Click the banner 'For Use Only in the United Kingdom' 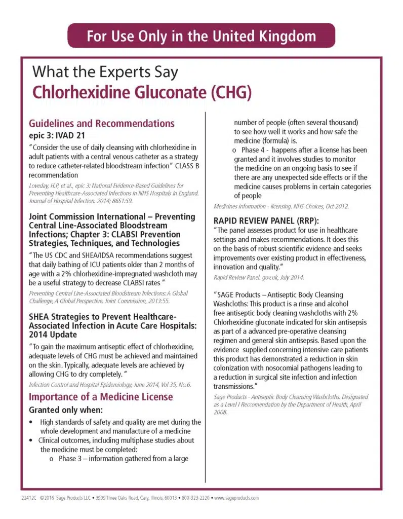(201, 36)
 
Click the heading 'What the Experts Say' (105, 72)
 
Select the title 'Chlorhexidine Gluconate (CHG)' (142, 93)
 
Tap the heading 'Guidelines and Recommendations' (102, 124)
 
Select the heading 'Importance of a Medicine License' (100, 396)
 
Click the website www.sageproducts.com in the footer (236, 498)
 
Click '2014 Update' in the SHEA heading (53, 335)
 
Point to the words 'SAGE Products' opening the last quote (239, 295)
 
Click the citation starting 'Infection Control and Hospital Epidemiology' (110, 385)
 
